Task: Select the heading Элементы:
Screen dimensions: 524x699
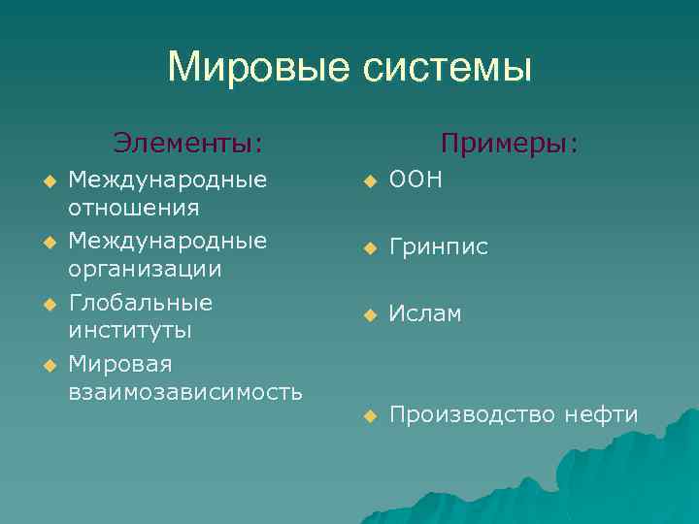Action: coord(188,144)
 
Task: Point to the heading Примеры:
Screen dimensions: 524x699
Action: coord(510,144)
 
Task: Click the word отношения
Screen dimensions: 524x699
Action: coord(134,208)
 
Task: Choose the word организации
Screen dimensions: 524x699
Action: coord(145,269)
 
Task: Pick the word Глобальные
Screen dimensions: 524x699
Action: coord(141,303)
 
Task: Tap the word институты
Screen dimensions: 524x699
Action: coord(130,330)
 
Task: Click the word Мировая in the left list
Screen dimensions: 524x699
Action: coord(120,364)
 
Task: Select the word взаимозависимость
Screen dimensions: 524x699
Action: coord(185,392)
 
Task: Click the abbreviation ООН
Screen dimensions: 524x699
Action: coord(416,180)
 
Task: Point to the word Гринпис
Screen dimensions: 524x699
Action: coord(438,248)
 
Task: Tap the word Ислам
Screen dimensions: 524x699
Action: coord(425,314)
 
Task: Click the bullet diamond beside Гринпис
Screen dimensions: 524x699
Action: coord(369,249)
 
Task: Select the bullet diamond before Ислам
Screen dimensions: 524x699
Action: coord(369,315)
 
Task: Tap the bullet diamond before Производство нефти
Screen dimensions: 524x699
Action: coord(369,417)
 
